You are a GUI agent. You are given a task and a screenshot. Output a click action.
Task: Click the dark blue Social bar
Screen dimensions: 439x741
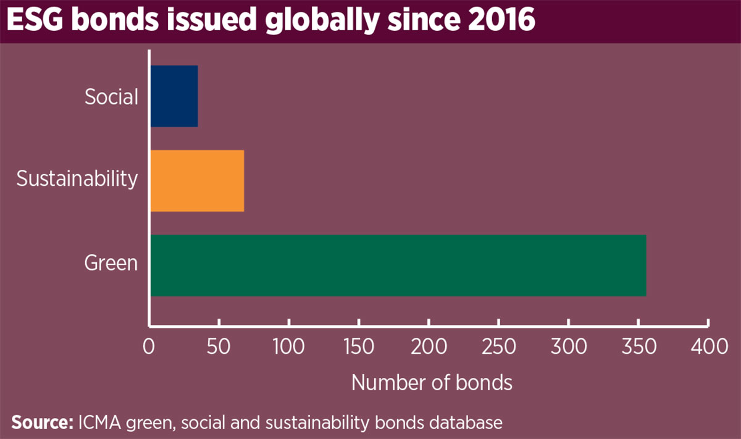(x=174, y=96)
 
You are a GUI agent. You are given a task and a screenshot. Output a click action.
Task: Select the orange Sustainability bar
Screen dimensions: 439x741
(x=197, y=181)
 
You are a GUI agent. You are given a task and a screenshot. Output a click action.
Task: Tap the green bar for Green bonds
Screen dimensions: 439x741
(x=398, y=265)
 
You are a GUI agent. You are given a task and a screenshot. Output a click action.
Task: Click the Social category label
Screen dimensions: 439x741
(x=111, y=97)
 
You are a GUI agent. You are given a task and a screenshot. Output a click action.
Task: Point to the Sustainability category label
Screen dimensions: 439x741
(x=77, y=178)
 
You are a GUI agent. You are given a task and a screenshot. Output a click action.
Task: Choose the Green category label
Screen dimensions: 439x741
(x=111, y=263)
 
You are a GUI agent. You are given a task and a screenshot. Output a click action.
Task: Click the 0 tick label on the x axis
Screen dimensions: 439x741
(x=149, y=347)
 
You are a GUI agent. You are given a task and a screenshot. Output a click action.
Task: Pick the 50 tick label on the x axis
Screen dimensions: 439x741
(x=218, y=347)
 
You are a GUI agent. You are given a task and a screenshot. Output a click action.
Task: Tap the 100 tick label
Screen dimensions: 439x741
(x=288, y=347)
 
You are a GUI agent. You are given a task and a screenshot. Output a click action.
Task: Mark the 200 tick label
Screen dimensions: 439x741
(x=428, y=347)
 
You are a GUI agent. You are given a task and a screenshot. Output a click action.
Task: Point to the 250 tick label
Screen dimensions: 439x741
(x=498, y=347)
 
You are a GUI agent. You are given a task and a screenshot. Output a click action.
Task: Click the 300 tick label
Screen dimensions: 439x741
(x=568, y=347)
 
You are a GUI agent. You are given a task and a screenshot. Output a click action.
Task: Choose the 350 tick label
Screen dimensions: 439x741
(x=638, y=347)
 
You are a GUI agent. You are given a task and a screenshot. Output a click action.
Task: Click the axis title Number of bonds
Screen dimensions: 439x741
(x=432, y=383)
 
